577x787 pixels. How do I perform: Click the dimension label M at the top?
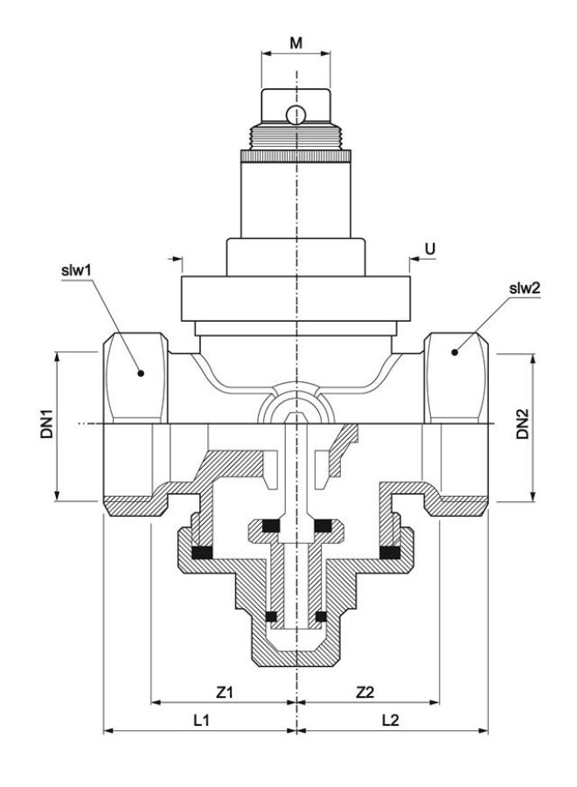(x=296, y=41)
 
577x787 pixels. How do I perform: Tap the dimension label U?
(x=429, y=249)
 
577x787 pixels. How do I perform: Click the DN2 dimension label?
(x=522, y=425)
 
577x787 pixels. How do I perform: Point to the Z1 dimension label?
(x=224, y=692)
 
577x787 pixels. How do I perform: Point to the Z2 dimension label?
(x=365, y=692)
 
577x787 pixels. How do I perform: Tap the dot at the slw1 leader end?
(x=139, y=373)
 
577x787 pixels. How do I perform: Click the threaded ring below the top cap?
(x=296, y=138)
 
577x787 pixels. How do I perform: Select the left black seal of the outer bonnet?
(x=204, y=552)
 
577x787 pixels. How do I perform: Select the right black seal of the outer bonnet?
(x=390, y=552)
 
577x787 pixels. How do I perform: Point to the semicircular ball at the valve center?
(x=296, y=407)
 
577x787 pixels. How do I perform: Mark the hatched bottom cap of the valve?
(x=296, y=651)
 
